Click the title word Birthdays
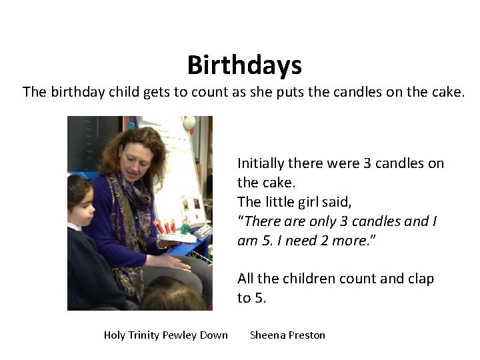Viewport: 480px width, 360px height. (244, 65)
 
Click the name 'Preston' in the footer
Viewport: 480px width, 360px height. (305, 335)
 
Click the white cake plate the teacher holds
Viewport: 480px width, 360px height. (175, 237)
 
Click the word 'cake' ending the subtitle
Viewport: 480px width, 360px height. (446, 92)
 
